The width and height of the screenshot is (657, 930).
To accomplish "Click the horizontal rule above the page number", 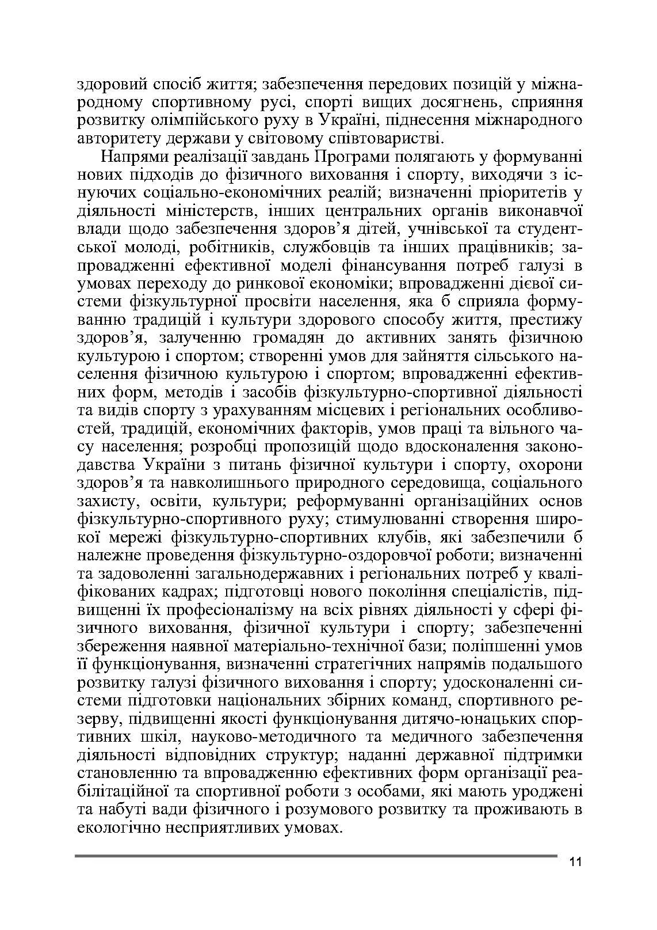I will (x=316, y=856).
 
